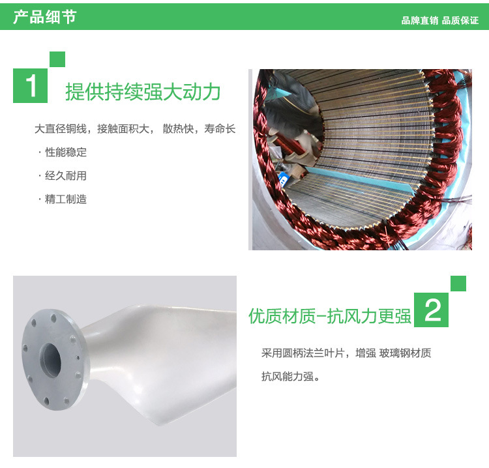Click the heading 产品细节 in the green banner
point(44,17)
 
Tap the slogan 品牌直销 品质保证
point(439,21)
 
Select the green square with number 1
point(30,86)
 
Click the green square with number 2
point(432,310)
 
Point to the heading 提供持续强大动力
point(143,92)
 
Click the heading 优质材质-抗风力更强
point(330,316)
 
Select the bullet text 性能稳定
point(66,153)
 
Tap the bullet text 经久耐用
point(66,176)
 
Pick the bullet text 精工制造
point(66,199)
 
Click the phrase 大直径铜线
point(61,129)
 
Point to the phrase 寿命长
point(220,129)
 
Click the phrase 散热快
point(178,129)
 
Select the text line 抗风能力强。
point(291,377)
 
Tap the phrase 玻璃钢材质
point(405,353)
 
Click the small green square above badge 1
point(57,59)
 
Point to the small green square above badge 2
point(458,284)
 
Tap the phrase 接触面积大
point(123,129)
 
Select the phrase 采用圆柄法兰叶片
point(303,353)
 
